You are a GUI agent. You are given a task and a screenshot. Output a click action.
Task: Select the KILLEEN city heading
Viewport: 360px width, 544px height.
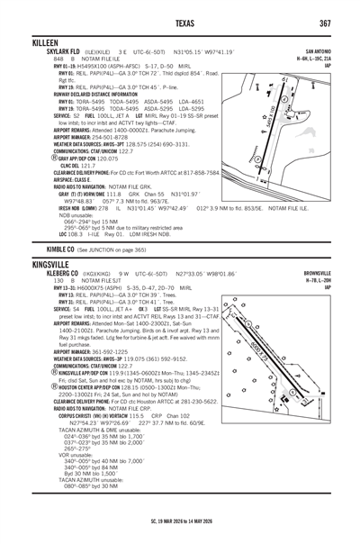click(x=44, y=43)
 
